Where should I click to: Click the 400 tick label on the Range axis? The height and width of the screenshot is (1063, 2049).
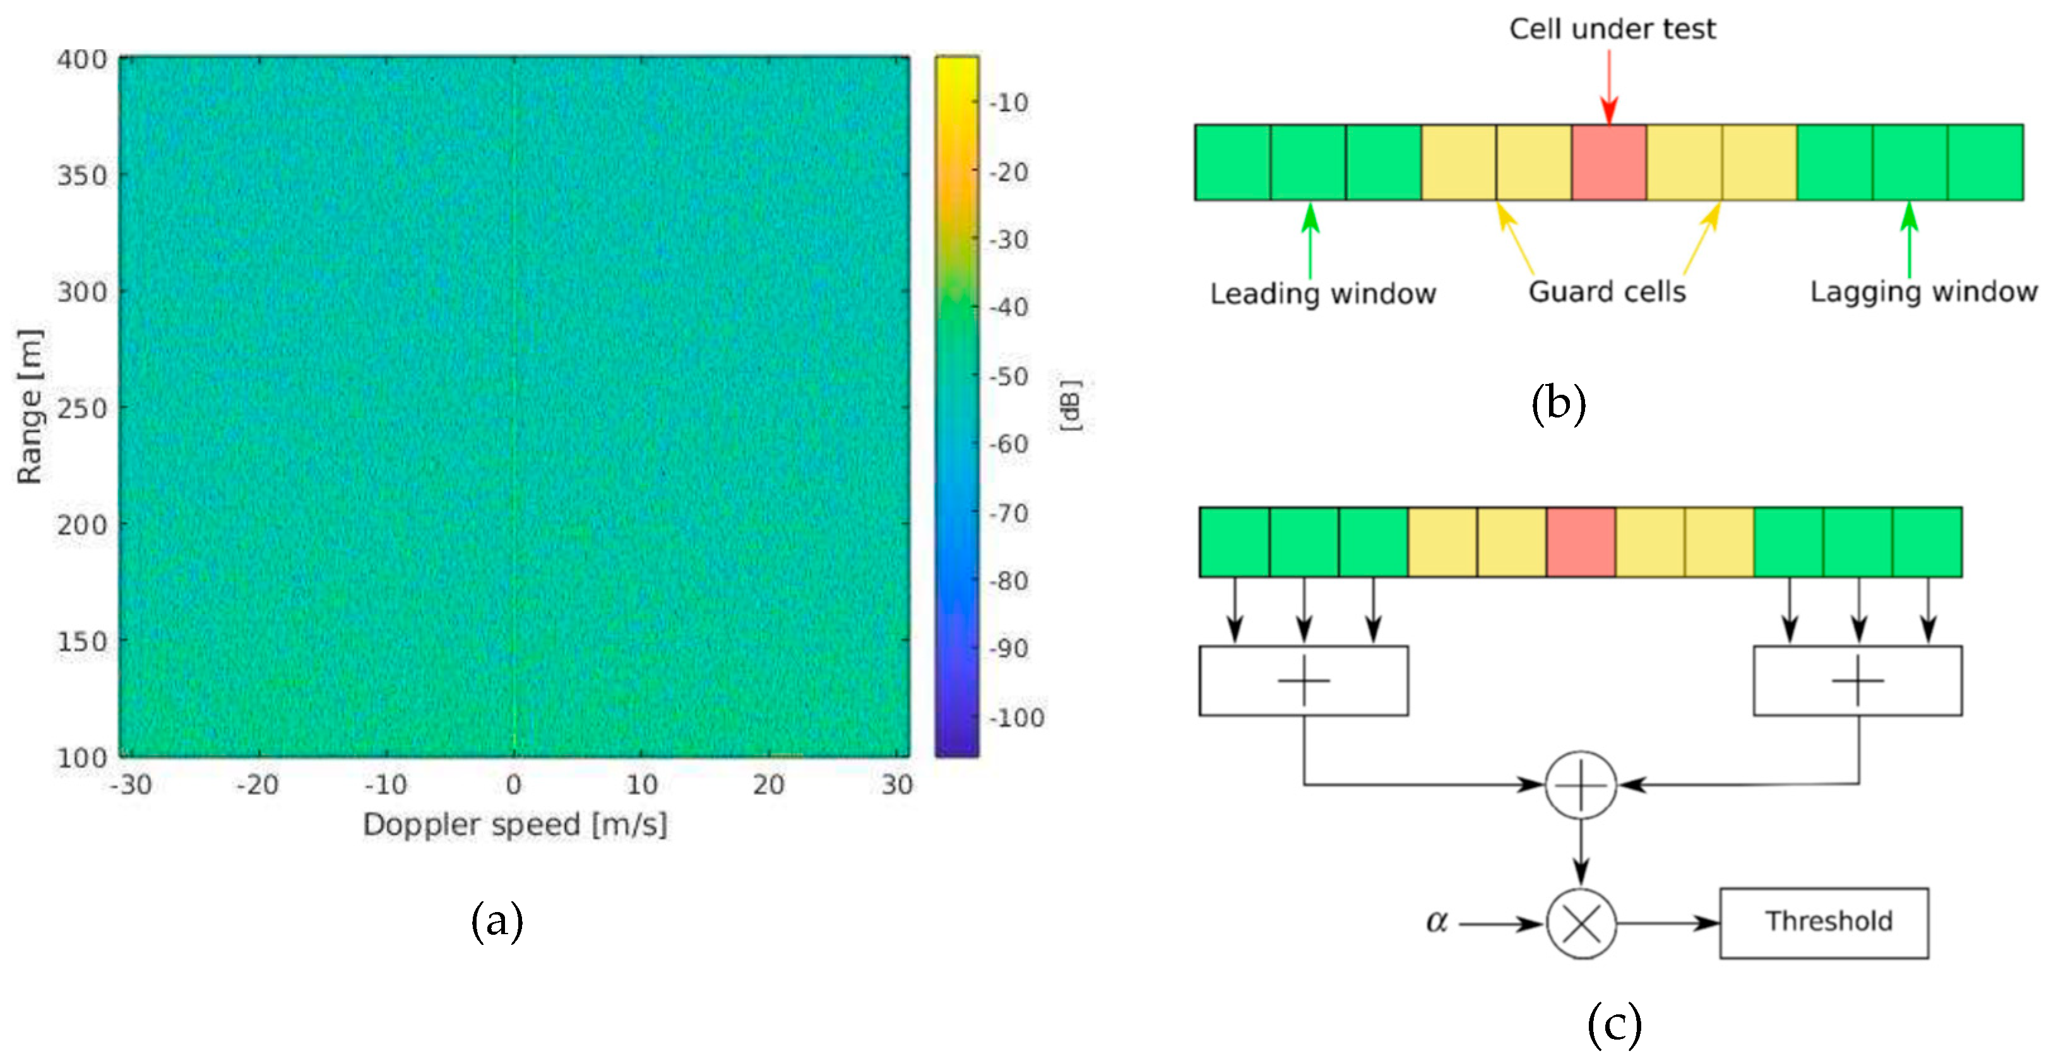click(81, 59)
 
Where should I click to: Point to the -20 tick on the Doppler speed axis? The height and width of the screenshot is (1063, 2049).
click(258, 785)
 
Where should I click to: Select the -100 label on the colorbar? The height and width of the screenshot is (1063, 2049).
click(1016, 718)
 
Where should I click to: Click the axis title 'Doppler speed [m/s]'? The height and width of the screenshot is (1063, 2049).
click(514, 825)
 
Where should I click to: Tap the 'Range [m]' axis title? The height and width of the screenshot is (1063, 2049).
click(30, 405)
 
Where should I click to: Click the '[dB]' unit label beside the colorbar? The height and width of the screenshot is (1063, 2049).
click(1071, 405)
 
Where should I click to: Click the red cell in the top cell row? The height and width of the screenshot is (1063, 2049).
click(1608, 162)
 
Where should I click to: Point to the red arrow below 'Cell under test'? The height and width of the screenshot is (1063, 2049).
click(1609, 88)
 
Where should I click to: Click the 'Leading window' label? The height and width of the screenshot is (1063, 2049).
click(1323, 294)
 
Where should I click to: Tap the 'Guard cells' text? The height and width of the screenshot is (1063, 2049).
click(1607, 292)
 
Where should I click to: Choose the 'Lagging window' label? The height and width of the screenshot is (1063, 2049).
click(1923, 292)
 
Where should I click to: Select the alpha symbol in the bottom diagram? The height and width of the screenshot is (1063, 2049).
click(1437, 922)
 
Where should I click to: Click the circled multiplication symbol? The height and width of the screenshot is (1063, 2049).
click(1581, 924)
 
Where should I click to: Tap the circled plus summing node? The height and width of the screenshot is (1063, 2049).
click(1581, 785)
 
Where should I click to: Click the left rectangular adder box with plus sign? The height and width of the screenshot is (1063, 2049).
click(1304, 681)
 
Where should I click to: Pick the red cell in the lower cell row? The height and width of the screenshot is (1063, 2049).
click(1581, 542)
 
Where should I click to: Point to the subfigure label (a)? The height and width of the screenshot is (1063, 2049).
click(497, 921)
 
